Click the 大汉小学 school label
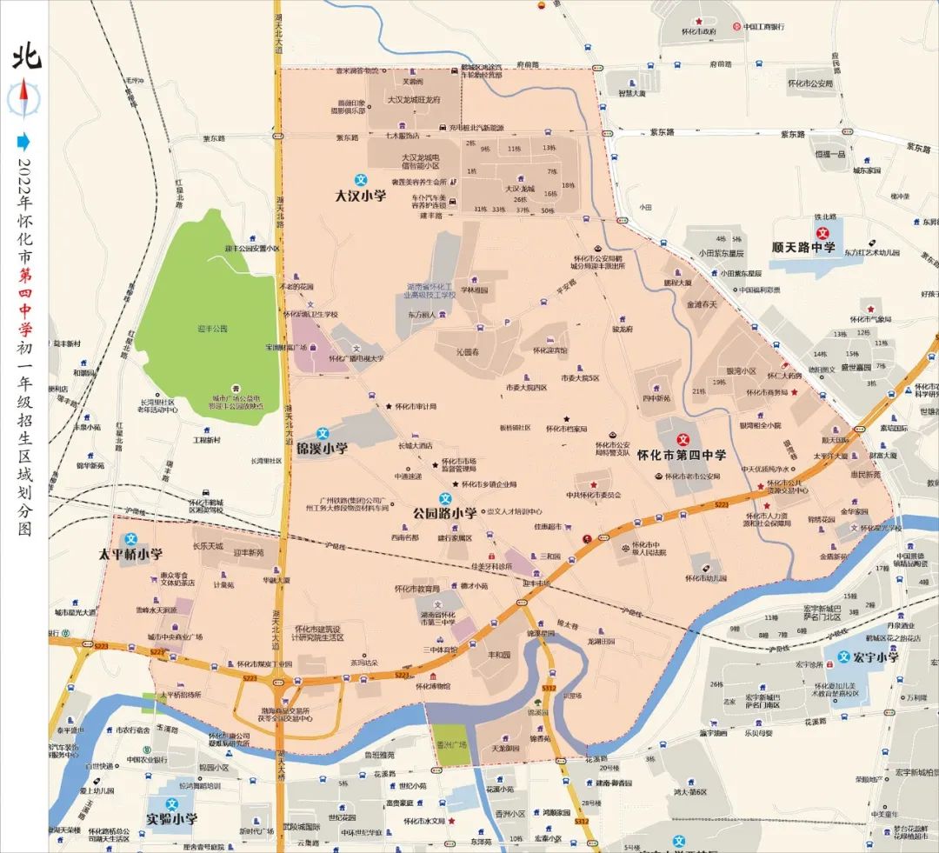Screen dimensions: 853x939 pyautogui.click(x=360, y=196)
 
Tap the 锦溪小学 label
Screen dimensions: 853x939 pyautogui.click(x=322, y=450)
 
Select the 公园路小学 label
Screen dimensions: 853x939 pyautogui.click(x=444, y=513)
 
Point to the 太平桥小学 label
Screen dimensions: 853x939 pyautogui.click(x=130, y=554)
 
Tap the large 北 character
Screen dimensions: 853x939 pyautogui.click(x=24, y=58)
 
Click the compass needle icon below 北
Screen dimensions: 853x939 pyautogui.click(x=24, y=97)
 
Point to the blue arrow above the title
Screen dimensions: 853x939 pyautogui.click(x=24, y=141)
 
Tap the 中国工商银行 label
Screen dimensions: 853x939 pyautogui.click(x=765, y=27)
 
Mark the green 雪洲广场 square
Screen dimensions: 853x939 pyautogui.click(x=451, y=746)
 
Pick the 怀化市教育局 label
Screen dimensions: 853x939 pyautogui.click(x=416, y=589)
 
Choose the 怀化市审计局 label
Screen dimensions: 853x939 pyautogui.click(x=416, y=406)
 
